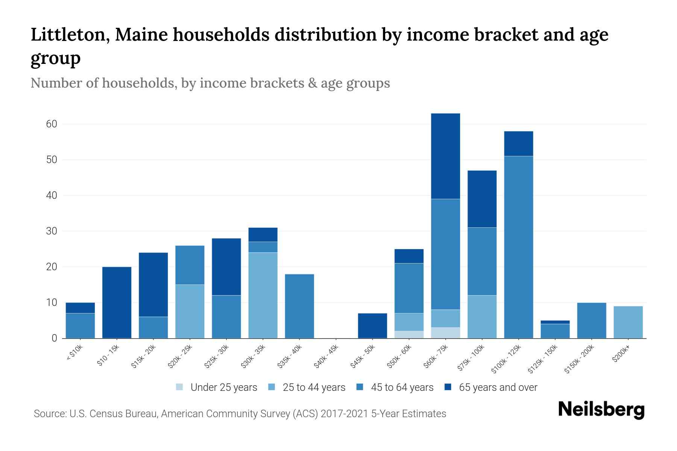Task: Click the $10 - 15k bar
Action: [x=117, y=303]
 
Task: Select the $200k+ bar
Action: [x=628, y=322]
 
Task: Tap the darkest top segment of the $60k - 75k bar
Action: [x=445, y=156]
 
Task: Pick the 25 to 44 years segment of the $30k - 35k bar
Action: [x=263, y=295]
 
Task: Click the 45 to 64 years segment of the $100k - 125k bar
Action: [x=518, y=247]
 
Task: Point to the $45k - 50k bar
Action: [x=372, y=326]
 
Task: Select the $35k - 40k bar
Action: [x=299, y=306]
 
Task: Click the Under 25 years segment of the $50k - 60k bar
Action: [x=409, y=334]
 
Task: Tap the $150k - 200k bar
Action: [x=591, y=321]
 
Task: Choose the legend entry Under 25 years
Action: [x=223, y=387]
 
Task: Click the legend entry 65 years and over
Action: [x=498, y=387]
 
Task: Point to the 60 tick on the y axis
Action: [x=52, y=124]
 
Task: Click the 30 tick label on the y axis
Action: [x=52, y=231]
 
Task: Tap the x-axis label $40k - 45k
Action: [x=326, y=357]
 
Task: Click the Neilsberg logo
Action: [x=601, y=409]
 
